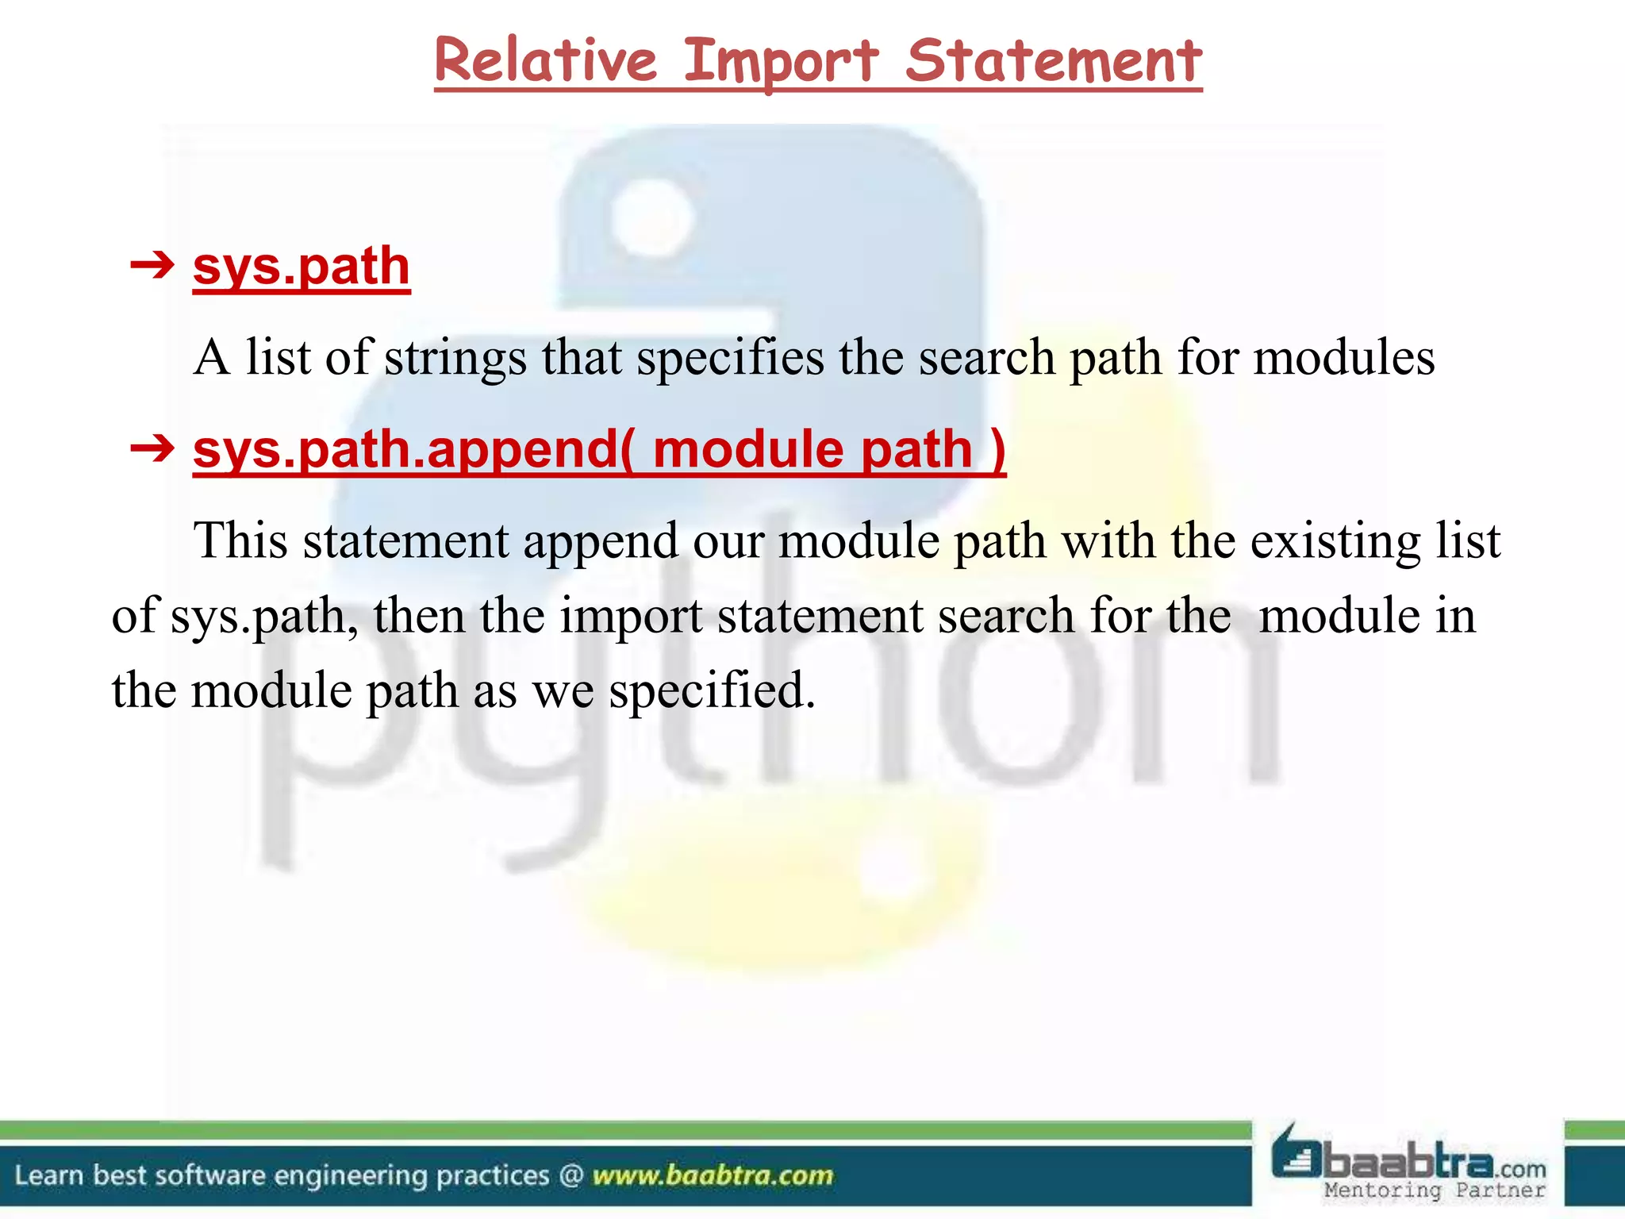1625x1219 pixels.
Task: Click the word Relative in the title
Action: [x=545, y=61]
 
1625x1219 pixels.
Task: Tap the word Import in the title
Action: [x=781, y=61]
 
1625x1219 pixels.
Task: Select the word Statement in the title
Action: [x=1054, y=61]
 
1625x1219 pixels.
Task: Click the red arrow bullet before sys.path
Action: [x=152, y=265]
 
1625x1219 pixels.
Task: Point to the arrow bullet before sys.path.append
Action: [x=152, y=449]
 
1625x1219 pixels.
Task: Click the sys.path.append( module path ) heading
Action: [x=599, y=449]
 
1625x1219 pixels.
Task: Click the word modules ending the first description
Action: [x=1343, y=358]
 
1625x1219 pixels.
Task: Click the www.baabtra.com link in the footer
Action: [x=713, y=1175]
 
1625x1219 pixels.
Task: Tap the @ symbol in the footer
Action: [x=570, y=1175]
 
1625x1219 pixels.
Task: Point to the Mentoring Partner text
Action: [x=1435, y=1190]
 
